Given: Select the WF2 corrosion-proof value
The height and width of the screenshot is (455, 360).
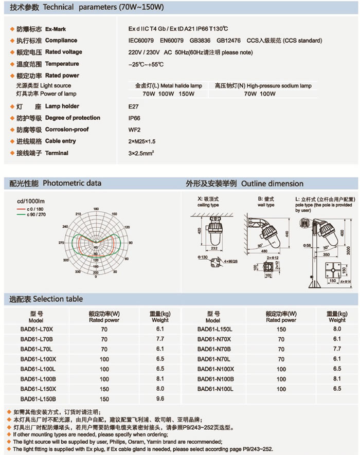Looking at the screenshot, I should click(x=133, y=130).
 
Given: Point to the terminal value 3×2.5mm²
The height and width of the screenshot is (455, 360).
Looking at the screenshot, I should click(x=141, y=153).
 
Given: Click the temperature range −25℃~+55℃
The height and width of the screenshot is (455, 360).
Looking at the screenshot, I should click(x=147, y=64).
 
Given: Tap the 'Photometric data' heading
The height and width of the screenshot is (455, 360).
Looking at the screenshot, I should click(x=72, y=183).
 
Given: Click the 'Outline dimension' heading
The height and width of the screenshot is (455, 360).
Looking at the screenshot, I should click(x=272, y=184).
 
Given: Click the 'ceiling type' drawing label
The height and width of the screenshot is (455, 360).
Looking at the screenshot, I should click(x=208, y=205).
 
